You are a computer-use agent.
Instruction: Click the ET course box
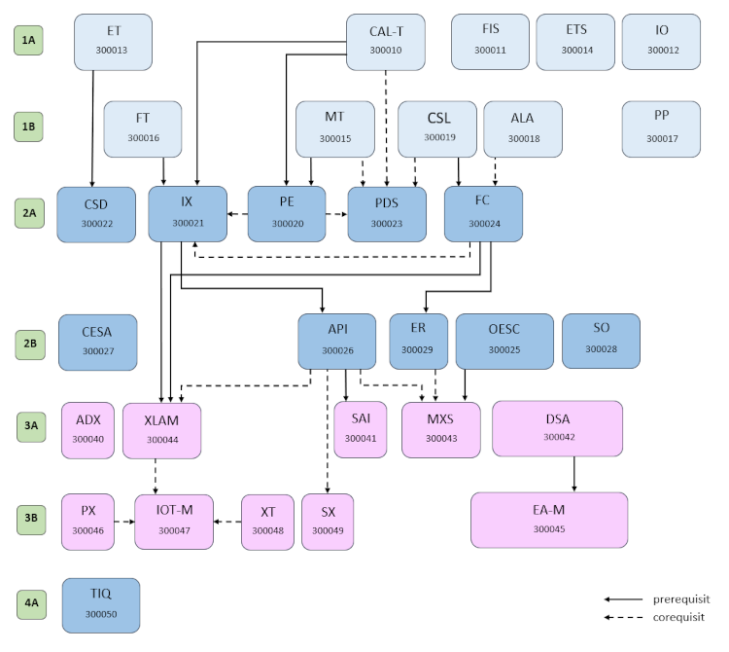coord(113,41)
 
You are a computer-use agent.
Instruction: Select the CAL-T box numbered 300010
coord(386,41)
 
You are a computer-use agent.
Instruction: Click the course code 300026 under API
coord(337,350)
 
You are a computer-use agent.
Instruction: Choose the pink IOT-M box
coord(173,521)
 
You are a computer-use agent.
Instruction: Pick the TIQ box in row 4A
coord(101,605)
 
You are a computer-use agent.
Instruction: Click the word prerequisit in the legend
coord(681,599)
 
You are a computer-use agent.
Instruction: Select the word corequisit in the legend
coord(678,617)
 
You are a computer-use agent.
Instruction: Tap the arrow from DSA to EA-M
coord(574,474)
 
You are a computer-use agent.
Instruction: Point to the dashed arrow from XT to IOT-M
coord(227,522)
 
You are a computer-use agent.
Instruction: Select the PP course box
coord(661,127)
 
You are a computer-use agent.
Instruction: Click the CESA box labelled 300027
coord(97,342)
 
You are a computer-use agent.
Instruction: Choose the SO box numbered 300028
coord(601,340)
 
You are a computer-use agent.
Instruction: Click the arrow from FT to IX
coord(163,171)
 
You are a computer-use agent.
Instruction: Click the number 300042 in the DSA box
coord(558,438)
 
